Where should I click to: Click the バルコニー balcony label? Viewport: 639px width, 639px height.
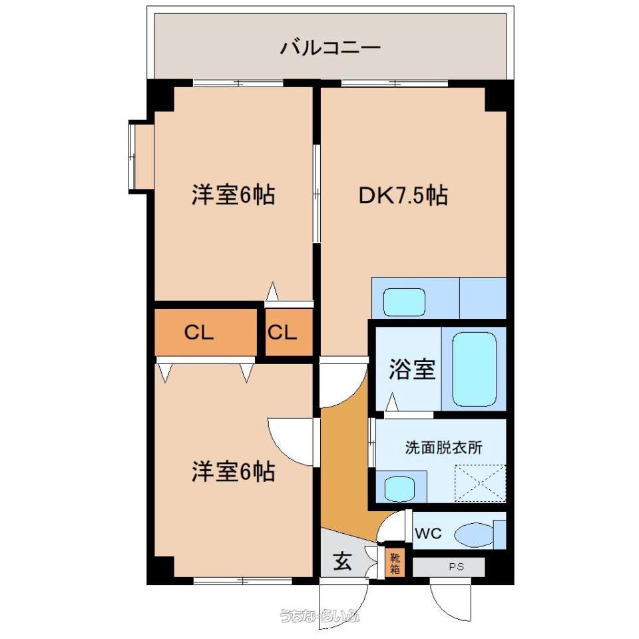[x=330, y=48]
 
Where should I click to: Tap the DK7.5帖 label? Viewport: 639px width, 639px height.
[x=403, y=195]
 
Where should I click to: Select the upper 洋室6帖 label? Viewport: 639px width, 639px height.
[x=234, y=195]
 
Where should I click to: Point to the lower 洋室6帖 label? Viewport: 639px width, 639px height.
[x=234, y=471]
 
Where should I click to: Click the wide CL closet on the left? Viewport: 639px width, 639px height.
[x=206, y=331]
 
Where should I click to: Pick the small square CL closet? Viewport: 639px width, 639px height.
[x=289, y=331]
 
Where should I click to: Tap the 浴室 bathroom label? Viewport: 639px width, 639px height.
[x=412, y=369]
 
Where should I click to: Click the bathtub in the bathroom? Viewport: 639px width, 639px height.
[x=475, y=369]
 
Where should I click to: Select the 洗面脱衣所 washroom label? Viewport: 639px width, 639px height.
[x=443, y=447]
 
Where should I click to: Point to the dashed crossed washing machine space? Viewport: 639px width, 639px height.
[x=480, y=483]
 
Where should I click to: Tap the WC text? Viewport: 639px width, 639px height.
[x=428, y=533]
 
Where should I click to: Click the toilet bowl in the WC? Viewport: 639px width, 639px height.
[x=474, y=534]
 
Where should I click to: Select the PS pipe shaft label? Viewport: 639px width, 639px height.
[x=457, y=566]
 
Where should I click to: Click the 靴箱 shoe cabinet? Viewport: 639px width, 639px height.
[x=395, y=564]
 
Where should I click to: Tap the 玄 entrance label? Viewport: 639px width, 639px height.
[x=343, y=562]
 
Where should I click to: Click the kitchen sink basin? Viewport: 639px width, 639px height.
[x=404, y=302]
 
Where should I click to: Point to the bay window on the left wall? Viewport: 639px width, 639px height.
[x=141, y=156]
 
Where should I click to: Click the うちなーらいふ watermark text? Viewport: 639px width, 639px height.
[x=320, y=615]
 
